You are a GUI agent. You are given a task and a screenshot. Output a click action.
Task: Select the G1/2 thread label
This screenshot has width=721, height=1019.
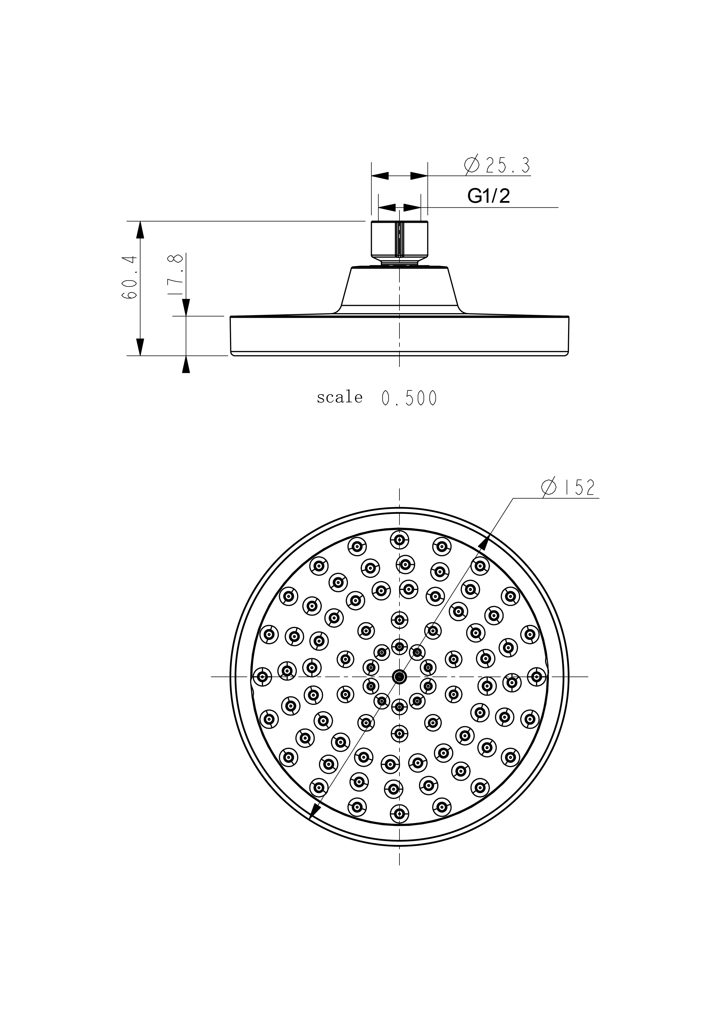489,196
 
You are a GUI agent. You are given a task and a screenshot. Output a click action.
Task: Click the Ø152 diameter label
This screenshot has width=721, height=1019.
568,488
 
